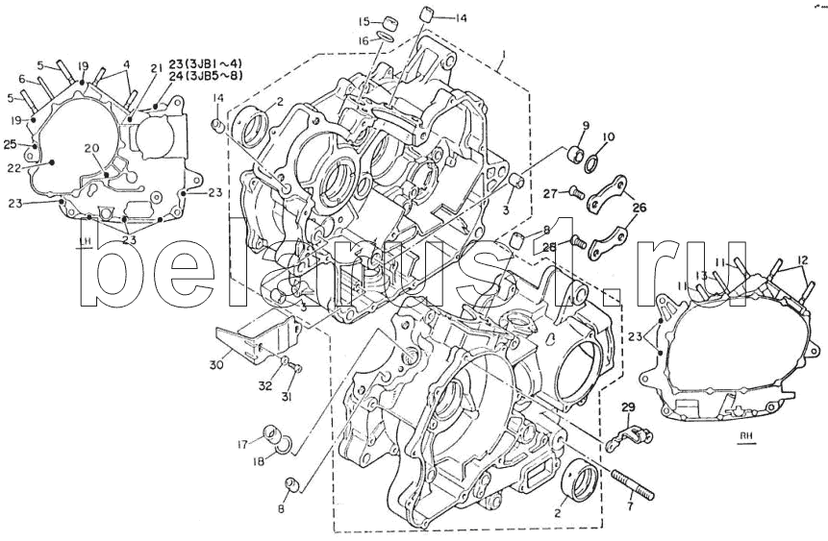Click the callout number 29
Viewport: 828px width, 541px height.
click(628, 410)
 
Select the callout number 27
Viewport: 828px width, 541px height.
click(550, 193)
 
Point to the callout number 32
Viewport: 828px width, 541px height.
click(265, 385)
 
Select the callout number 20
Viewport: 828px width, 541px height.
click(91, 148)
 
